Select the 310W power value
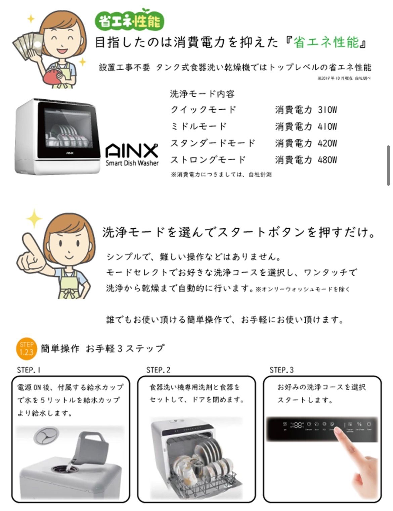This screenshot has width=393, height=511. click(x=327, y=110)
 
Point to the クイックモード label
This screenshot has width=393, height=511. click(x=203, y=110)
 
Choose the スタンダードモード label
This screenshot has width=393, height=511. click(x=213, y=143)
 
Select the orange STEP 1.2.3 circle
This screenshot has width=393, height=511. click(x=26, y=348)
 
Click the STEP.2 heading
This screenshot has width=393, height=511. click(x=158, y=370)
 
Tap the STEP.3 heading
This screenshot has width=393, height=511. click(x=281, y=370)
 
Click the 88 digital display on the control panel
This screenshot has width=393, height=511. click(x=297, y=425)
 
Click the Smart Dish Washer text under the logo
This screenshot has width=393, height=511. click(x=132, y=163)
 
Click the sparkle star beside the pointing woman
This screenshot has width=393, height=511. click(x=34, y=218)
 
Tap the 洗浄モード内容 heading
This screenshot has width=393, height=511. click(x=202, y=94)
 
